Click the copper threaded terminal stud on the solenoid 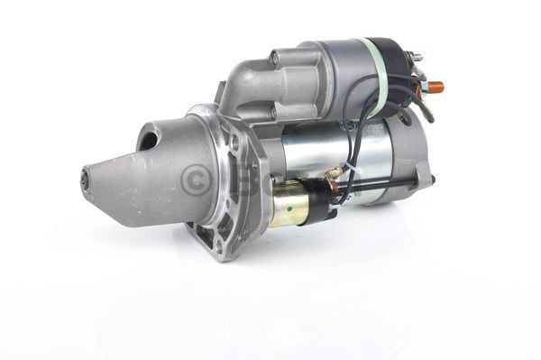pos(435,88)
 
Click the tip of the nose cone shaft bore pos(86,179)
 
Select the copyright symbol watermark pos(194,179)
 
